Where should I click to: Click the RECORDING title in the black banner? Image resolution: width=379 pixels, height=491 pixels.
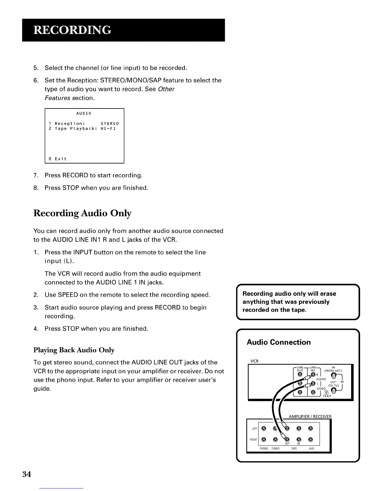click(72, 30)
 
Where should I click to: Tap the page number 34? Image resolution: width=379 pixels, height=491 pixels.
click(27, 474)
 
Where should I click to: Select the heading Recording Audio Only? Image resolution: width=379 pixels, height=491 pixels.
click(82, 213)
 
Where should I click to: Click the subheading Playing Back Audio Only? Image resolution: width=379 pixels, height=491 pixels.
click(74, 350)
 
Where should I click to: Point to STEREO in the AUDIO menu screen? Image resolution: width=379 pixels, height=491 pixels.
click(110, 123)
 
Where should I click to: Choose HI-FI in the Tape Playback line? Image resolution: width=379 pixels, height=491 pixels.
click(108, 128)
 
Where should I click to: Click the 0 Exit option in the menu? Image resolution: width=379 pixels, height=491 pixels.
click(58, 159)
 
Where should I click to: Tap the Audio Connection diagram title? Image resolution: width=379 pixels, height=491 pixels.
click(279, 342)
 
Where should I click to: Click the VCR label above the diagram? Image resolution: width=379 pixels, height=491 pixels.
click(254, 361)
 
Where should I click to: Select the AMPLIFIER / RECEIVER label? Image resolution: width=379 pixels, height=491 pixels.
click(310, 416)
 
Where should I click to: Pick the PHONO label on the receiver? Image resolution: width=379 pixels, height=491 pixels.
click(264, 449)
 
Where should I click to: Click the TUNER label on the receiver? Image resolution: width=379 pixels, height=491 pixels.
click(275, 449)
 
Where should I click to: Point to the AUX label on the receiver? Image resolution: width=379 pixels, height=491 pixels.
click(311, 449)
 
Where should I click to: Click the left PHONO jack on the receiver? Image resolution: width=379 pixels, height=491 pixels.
click(264, 429)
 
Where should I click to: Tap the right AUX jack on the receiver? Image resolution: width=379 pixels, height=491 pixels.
click(311, 440)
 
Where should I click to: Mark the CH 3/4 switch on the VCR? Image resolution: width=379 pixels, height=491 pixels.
click(326, 394)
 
